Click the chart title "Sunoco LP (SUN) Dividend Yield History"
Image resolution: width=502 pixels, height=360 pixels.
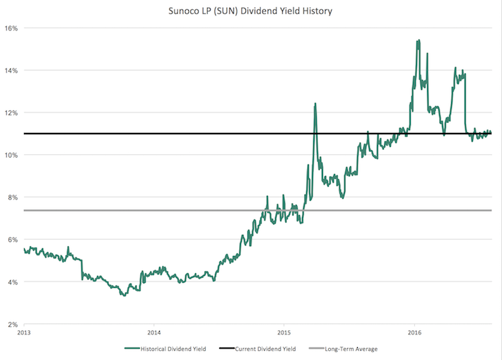(252, 11)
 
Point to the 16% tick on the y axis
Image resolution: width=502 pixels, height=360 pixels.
(12, 28)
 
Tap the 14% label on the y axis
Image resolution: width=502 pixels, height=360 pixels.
(12, 71)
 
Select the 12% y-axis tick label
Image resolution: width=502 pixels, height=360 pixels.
(12, 112)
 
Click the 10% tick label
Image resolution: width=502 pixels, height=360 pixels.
(12, 155)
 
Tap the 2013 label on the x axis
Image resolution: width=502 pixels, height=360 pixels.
(24, 332)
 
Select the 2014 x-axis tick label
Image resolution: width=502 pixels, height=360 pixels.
(154, 332)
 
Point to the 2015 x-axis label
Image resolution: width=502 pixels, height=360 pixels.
(284, 332)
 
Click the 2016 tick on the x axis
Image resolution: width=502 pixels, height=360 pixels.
(414, 332)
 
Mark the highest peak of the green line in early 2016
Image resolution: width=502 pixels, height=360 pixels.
(418, 41)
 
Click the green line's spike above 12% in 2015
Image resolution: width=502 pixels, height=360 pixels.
(315, 104)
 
